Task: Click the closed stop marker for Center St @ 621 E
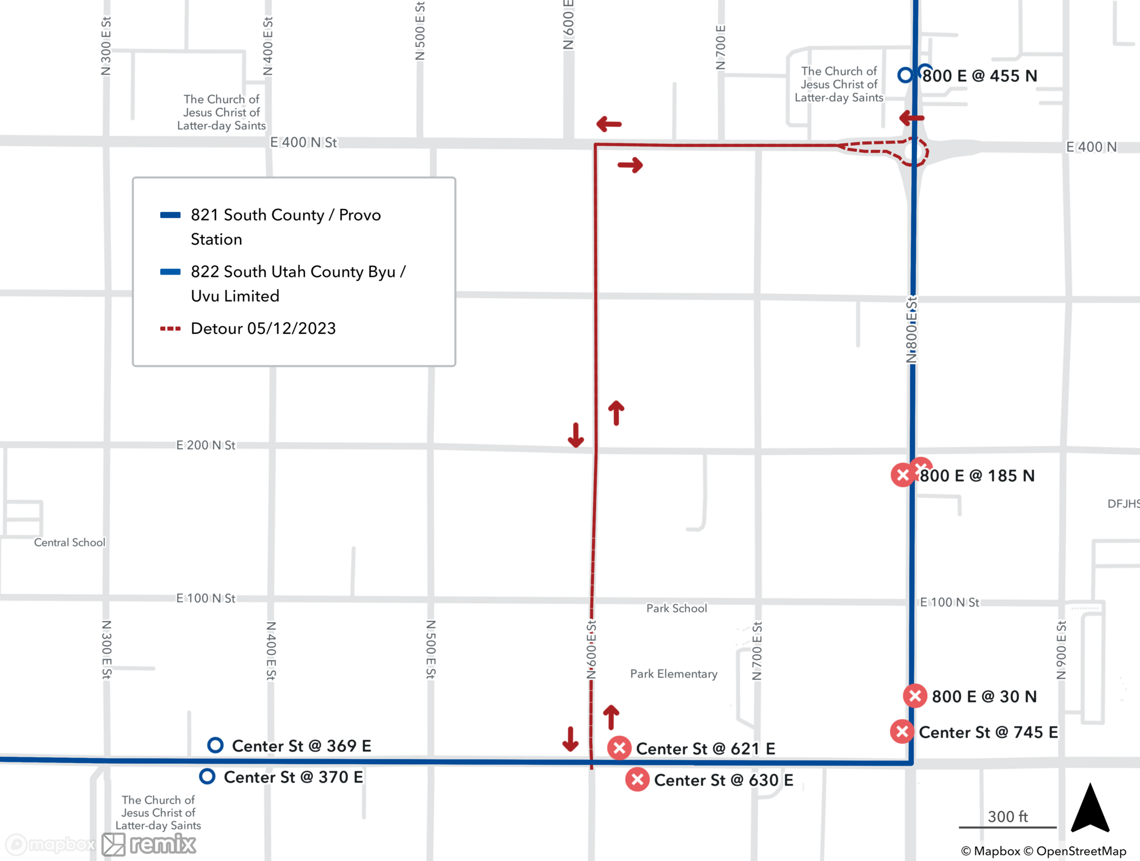pos(619,748)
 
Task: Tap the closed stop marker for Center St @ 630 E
pos(637,780)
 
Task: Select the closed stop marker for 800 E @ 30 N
pos(915,696)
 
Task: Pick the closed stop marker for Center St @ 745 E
pos(902,732)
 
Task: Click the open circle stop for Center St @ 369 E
pos(215,745)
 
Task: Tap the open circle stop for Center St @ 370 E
pos(207,777)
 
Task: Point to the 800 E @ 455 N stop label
pos(979,76)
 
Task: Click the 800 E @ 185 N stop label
pos(977,476)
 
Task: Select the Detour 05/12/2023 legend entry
pos(263,328)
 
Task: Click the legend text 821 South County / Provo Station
pos(285,227)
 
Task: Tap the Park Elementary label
pos(673,674)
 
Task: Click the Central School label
pos(70,542)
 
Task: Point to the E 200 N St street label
pos(205,445)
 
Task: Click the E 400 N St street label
pos(303,142)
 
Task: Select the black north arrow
pos(1090,809)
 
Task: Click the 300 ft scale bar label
pos(1007,817)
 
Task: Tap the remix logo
pos(149,844)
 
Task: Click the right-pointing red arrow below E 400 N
pos(630,165)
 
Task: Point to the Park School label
pos(676,608)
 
